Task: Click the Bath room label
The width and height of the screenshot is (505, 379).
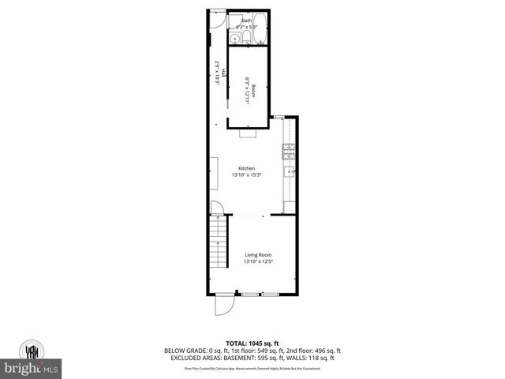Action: coord(247,21)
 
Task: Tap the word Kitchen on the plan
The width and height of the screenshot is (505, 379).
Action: coord(247,168)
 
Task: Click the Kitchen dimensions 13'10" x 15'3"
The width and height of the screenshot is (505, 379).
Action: coord(247,175)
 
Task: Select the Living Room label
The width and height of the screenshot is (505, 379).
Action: coord(258,255)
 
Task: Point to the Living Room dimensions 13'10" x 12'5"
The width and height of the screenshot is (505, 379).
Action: coord(258,262)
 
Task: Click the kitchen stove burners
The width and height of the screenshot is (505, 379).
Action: coord(289,148)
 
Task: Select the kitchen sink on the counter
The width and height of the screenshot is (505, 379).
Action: coord(290,171)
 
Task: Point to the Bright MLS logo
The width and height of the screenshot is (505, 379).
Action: coord(31,368)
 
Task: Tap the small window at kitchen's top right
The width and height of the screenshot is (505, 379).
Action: coord(279,117)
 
